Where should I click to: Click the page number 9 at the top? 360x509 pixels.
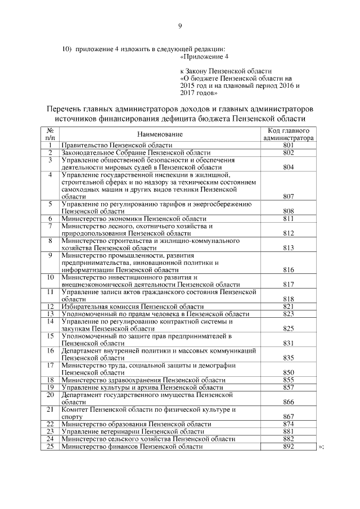point(180,26)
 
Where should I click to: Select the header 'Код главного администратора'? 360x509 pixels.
point(289,133)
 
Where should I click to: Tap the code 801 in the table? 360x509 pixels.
point(289,145)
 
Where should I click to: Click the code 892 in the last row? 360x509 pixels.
point(289,447)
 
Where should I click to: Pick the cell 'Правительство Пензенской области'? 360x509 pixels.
point(116,145)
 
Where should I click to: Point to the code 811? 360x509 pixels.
point(289,218)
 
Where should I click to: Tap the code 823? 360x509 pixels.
point(289,314)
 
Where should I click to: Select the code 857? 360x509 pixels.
point(289,388)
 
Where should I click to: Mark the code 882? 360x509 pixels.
point(289,439)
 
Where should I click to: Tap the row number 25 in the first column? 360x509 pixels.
point(49,447)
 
